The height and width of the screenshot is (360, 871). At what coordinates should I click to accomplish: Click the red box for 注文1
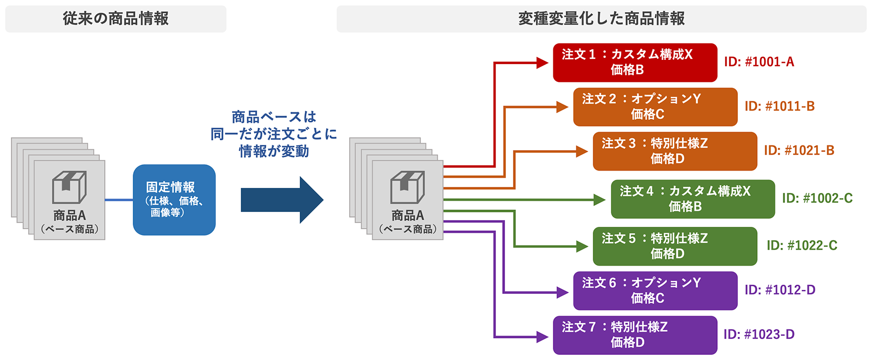[x=635, y=62]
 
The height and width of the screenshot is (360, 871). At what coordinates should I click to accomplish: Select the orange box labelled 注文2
[x=655, y=107]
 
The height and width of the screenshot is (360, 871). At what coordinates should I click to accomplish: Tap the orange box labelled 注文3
[x=675, y=151]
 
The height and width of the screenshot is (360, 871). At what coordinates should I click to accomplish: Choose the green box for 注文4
[x=693, y=199]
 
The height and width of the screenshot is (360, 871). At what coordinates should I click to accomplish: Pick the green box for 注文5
[x=675, y=246]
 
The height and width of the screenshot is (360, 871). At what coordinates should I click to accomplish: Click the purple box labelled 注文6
[x=655, y=290]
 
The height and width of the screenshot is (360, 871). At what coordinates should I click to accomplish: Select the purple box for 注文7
[x=635, y=335]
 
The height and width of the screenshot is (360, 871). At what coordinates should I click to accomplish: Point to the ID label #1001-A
[x=759, y=62]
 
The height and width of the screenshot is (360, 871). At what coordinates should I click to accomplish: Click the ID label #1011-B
[x=779, y=107]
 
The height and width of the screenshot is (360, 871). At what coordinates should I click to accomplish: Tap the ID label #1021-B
[x=799, y=151]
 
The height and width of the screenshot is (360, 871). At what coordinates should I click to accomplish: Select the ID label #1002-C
[x=817, y=198]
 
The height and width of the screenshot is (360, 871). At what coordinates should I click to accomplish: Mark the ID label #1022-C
[x=802, y=246]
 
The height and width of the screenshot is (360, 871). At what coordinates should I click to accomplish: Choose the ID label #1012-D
[x=780, y=290]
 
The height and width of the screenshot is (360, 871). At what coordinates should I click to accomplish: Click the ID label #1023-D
[x=759, y=334]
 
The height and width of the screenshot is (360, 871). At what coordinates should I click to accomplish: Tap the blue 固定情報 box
[x=174, y=200]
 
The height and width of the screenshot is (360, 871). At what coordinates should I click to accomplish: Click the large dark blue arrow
[x=282, y=200]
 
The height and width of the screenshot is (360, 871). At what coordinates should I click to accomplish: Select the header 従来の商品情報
[x=116, y=19]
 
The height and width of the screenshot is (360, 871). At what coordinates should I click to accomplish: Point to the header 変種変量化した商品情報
[x=602, y=19]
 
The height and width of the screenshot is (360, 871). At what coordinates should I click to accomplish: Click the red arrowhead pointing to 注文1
[x=543, y=62]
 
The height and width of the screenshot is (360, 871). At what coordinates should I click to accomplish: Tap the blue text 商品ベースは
[x=274, y=117]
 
